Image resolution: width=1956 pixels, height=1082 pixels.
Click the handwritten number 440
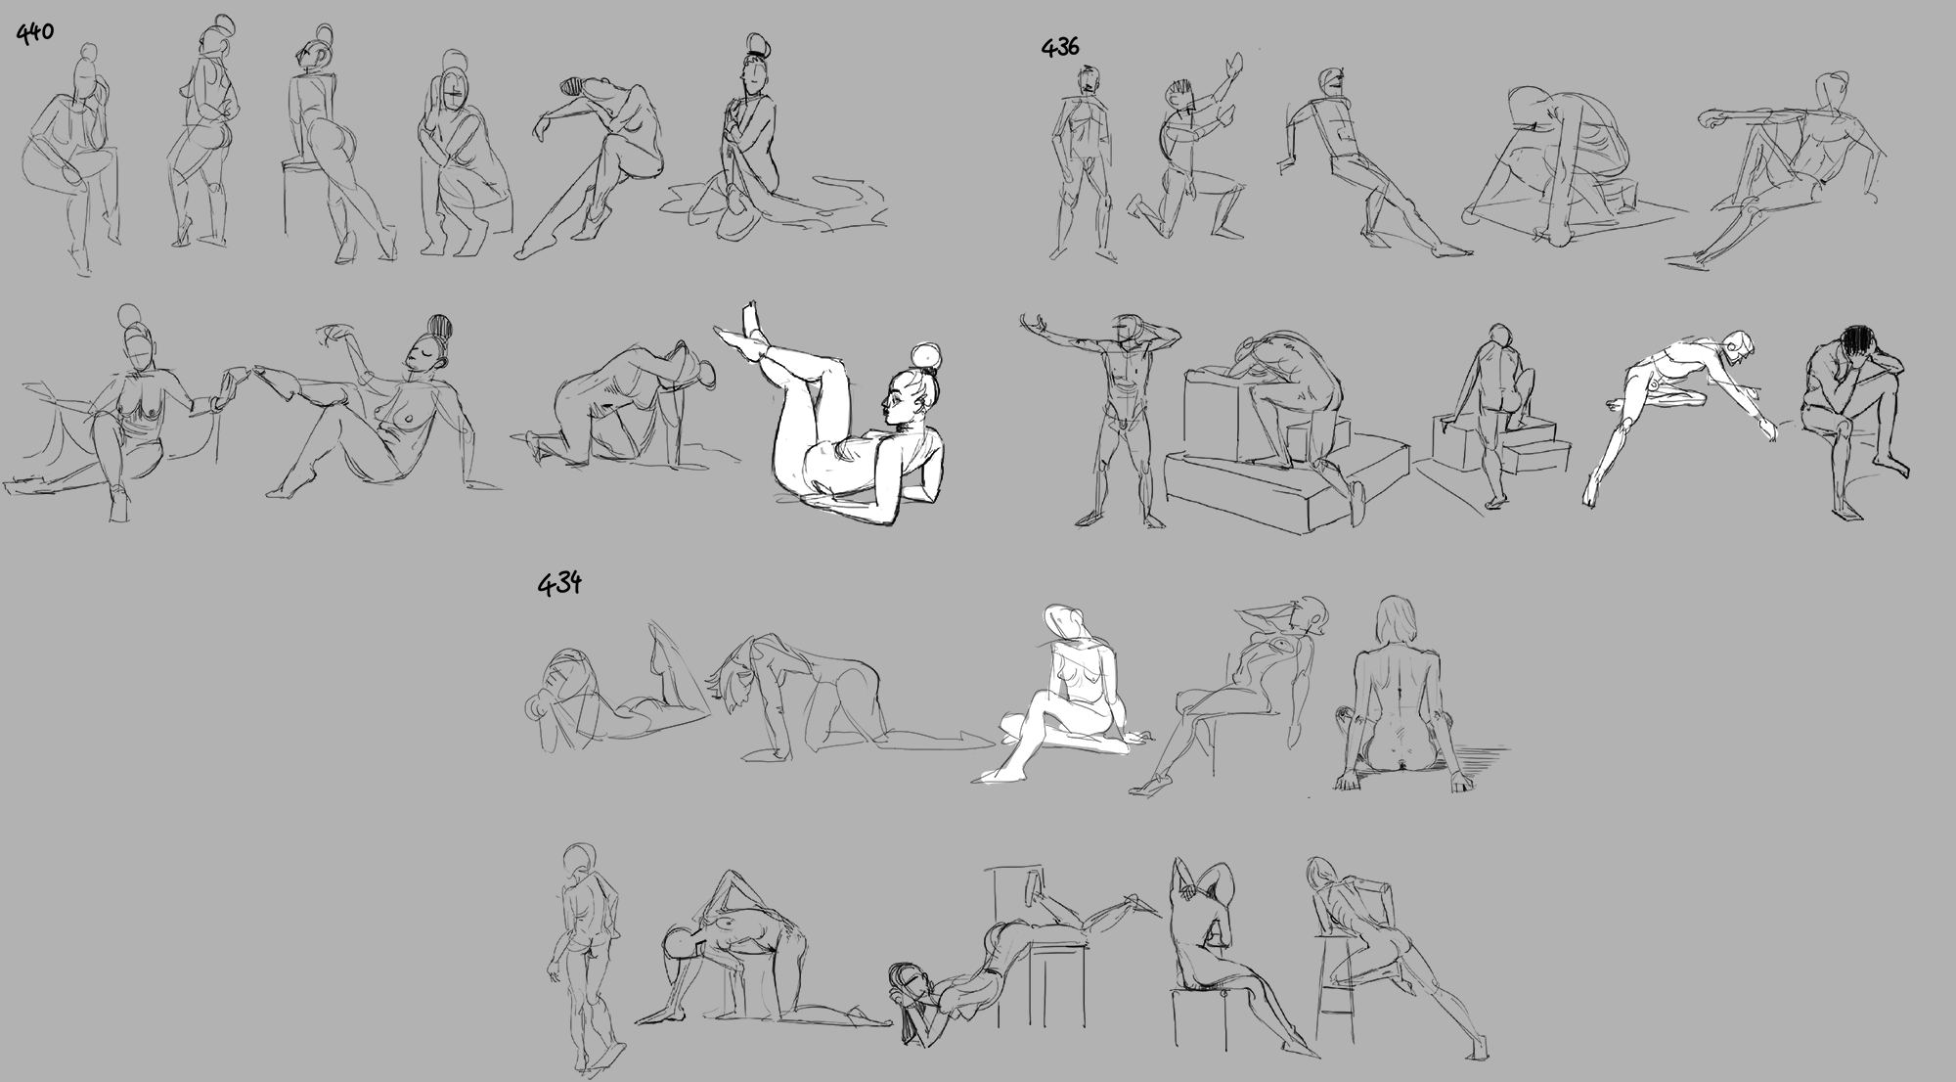34,32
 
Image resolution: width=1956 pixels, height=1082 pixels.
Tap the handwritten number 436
1060,46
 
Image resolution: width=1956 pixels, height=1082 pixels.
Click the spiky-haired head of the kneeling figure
1180,96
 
